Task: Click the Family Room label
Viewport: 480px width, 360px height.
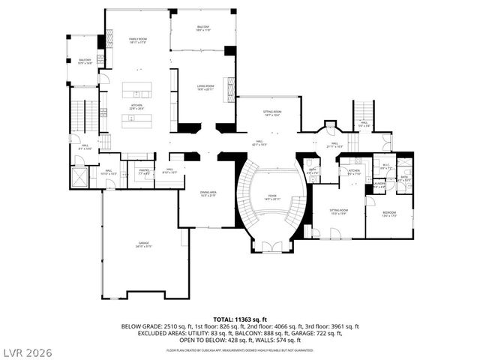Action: [x=136, y=40]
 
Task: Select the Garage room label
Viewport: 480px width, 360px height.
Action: [x=142, y=244]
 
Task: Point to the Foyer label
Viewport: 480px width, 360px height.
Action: [x=271, y=197]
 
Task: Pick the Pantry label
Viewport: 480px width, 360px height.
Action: [x=144, y=172]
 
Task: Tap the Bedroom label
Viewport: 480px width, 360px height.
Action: [x=388, y=214]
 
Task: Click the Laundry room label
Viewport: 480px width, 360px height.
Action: [x=379, y=184]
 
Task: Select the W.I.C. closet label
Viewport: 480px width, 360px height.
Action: [x=386, y=166]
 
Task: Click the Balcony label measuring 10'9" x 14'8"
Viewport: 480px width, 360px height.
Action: [x=85, y=61]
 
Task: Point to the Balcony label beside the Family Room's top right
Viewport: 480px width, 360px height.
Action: [x=202, y=28]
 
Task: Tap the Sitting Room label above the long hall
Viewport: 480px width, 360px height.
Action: [x=271, y=113]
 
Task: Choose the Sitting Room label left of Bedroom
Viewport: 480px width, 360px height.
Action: [x=340, y=212]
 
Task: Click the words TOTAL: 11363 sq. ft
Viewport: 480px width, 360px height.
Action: [x=240, y=319]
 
